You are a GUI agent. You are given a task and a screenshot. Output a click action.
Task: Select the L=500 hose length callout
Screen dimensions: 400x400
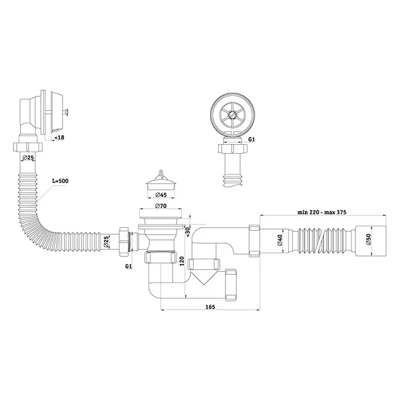(x=59, y=181)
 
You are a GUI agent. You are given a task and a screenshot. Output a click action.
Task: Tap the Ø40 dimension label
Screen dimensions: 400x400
(x=280, y=240)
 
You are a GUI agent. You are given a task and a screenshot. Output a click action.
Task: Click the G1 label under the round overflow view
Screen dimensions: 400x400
(x=251, y=139)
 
